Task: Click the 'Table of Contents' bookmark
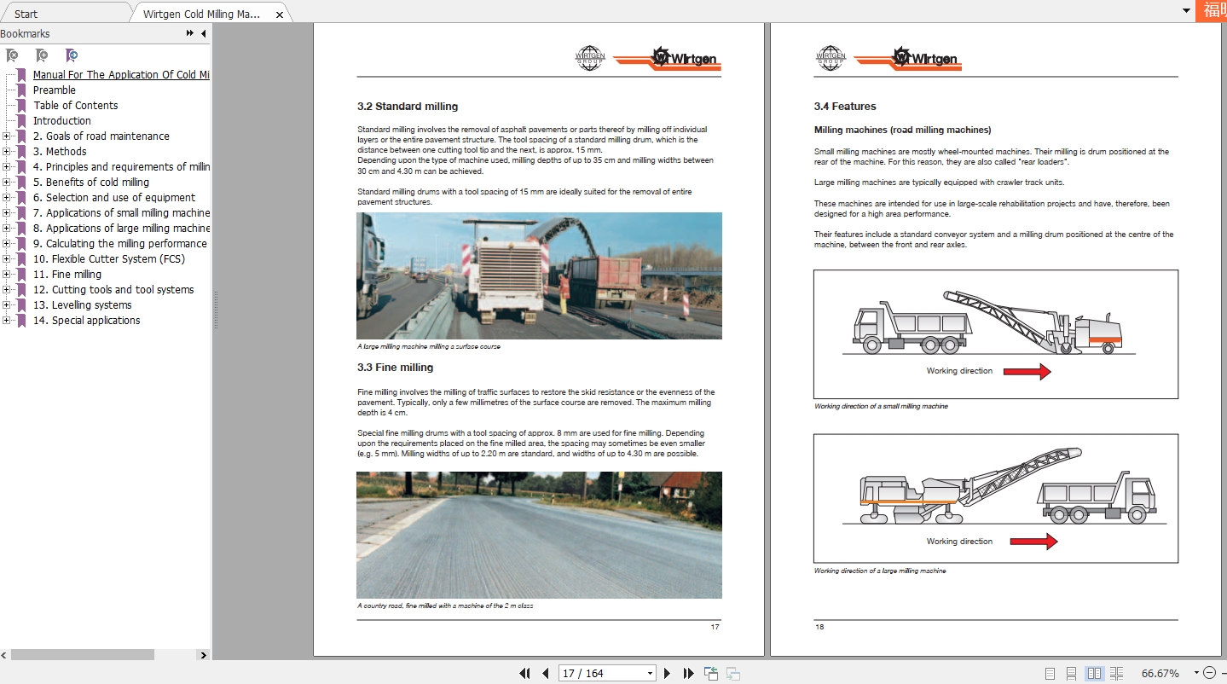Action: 75,106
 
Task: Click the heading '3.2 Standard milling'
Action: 407,107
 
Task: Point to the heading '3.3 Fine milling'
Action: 395,368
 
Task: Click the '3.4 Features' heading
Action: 844,107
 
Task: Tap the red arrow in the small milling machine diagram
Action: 1027,371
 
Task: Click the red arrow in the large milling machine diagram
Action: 1033,542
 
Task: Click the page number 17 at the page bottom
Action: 715,627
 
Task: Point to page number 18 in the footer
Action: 819,627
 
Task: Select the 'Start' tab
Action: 26,14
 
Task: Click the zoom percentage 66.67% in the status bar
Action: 1160,673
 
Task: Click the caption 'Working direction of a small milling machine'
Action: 880,407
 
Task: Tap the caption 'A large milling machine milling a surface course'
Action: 428,347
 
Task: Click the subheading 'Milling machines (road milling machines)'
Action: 902,130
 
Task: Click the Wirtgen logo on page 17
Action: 685,59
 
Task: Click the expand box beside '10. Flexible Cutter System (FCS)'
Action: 7,259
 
